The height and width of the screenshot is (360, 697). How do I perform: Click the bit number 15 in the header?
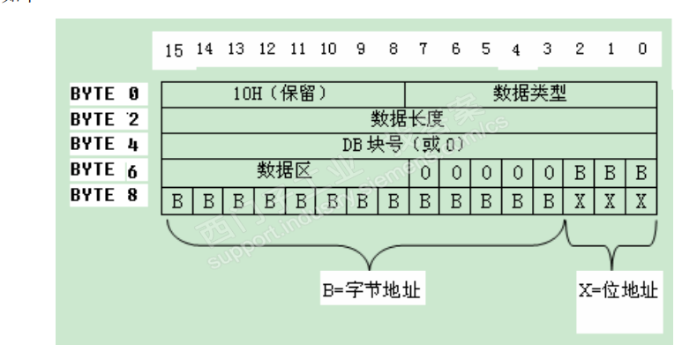pos(175,50)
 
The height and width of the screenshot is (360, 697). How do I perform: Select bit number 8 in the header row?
pos(393,48)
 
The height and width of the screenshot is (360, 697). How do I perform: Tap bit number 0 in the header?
pos(641,48)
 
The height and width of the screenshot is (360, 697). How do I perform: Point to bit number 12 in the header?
pos(266,48)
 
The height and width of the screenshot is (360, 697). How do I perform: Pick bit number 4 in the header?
pos(516,49)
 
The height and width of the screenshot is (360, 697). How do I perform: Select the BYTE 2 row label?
pos(104,118)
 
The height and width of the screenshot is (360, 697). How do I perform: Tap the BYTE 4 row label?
pos(104,143)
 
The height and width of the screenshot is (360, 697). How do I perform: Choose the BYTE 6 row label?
pos(104,169)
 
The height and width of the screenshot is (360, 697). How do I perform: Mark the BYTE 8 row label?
pos(104,195)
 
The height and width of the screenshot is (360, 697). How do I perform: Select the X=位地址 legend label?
pos(618,289)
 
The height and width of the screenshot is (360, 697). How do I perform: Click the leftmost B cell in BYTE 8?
pos(176,200)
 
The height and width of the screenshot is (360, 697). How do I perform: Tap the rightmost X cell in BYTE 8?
pos(641,200)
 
